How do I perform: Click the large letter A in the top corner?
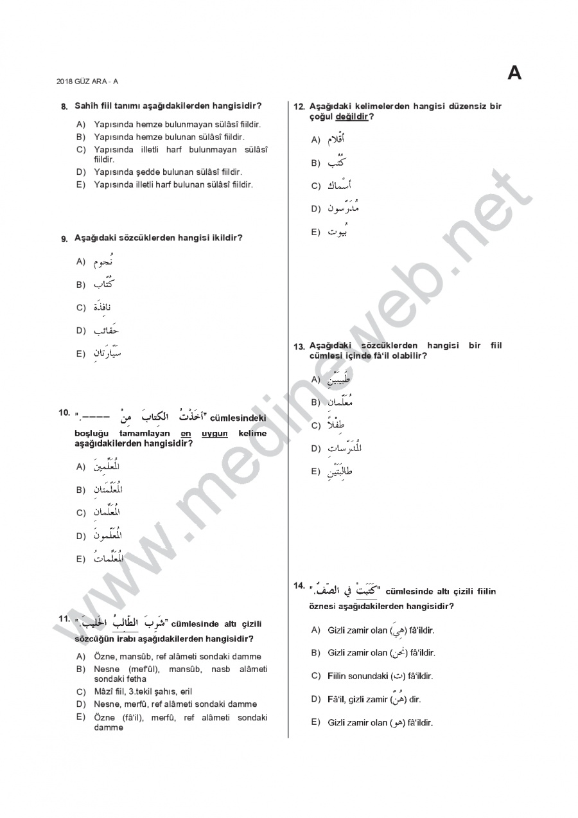tap(514, 73)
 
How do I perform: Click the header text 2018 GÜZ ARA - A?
tap(87, 81)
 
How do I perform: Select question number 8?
tap(64, 106)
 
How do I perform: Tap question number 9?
tap(64, 239)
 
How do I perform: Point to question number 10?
tap(64, 413)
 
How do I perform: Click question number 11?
tap(64, 619)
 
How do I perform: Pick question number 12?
tap(299, 107)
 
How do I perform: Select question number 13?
tap(299, 346)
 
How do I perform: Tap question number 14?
tap(299, 585)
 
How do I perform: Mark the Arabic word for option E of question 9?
tap(107, 353)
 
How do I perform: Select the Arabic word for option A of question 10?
tap(107, 466)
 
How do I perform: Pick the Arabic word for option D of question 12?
tap(343, 208)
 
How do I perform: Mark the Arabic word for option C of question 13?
tap(338, 425)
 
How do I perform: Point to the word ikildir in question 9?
tap(227, 238)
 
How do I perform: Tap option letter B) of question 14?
tap(315, 653)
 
